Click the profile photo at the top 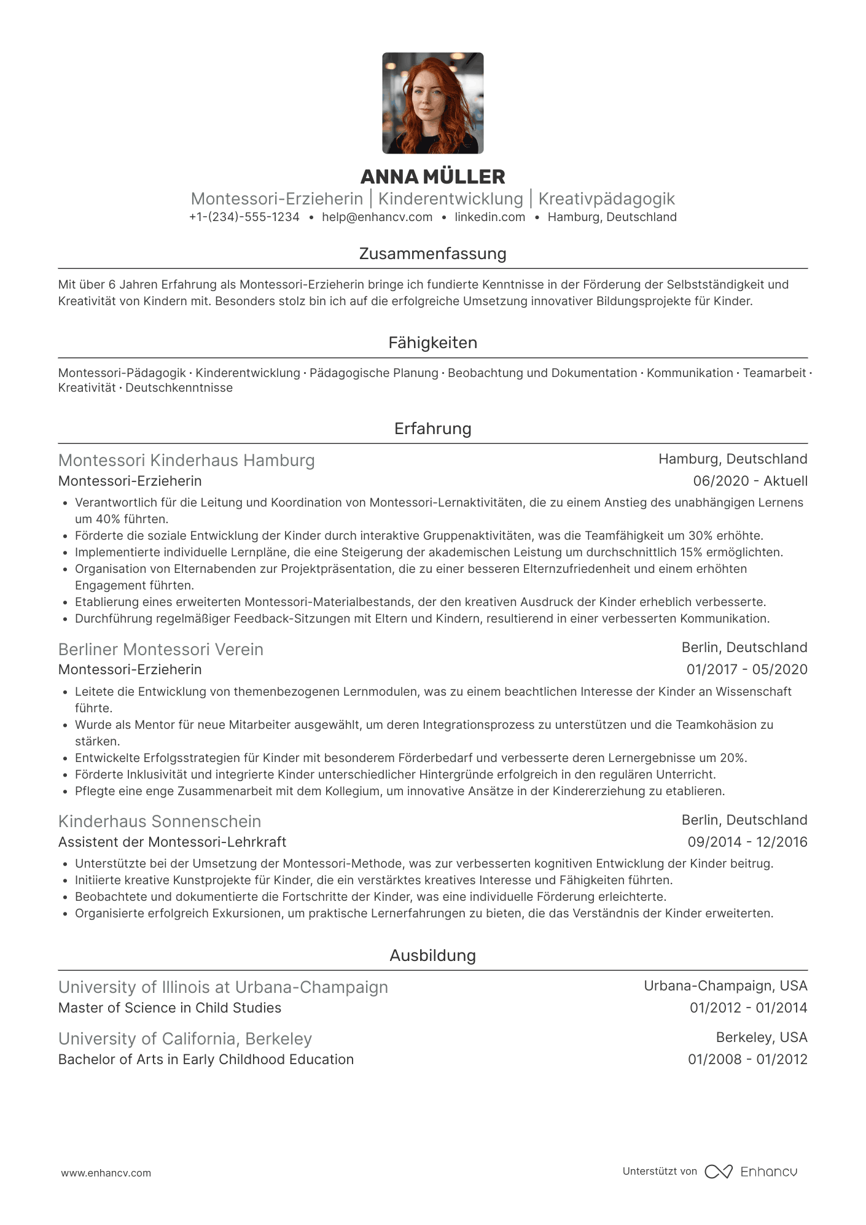pyautogui.click(x=432, y=103)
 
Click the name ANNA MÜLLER pyautogui.click(x=432, y=177)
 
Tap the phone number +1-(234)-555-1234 pyautogui.click(x=244, y=217)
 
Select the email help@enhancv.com pyautogui.click(x=377, y=217)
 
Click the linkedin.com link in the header pyautogui.click(x=490, y=217)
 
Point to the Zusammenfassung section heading pyautogui.click(x=432, y=254)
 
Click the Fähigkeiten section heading pyautogui.click(x=432, y=343)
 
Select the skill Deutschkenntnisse pyautogui.click(x=179, y=388)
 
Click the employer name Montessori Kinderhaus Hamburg pyautogui.click(x=186, y=461)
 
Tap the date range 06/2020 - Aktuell pyautogui.click(x=750, y=481)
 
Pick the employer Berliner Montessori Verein pyautogui.click(x=160, y=649)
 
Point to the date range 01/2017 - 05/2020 pyautogui.click(x=746, y=669)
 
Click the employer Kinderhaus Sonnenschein pyautogui.click(x=160, y=822)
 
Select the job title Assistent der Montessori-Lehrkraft pyautogui.click(x=172, y=842)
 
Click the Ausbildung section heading pyautogui.click(x=432, y=955)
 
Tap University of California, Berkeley pyautogui.click(x=185, y=1039)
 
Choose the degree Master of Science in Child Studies pyautogui.click(x=170, y=1008)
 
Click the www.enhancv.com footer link pyautogui.click(x=106, y=1173)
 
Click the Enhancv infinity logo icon pyautogui.click(x=718, y=1172)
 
